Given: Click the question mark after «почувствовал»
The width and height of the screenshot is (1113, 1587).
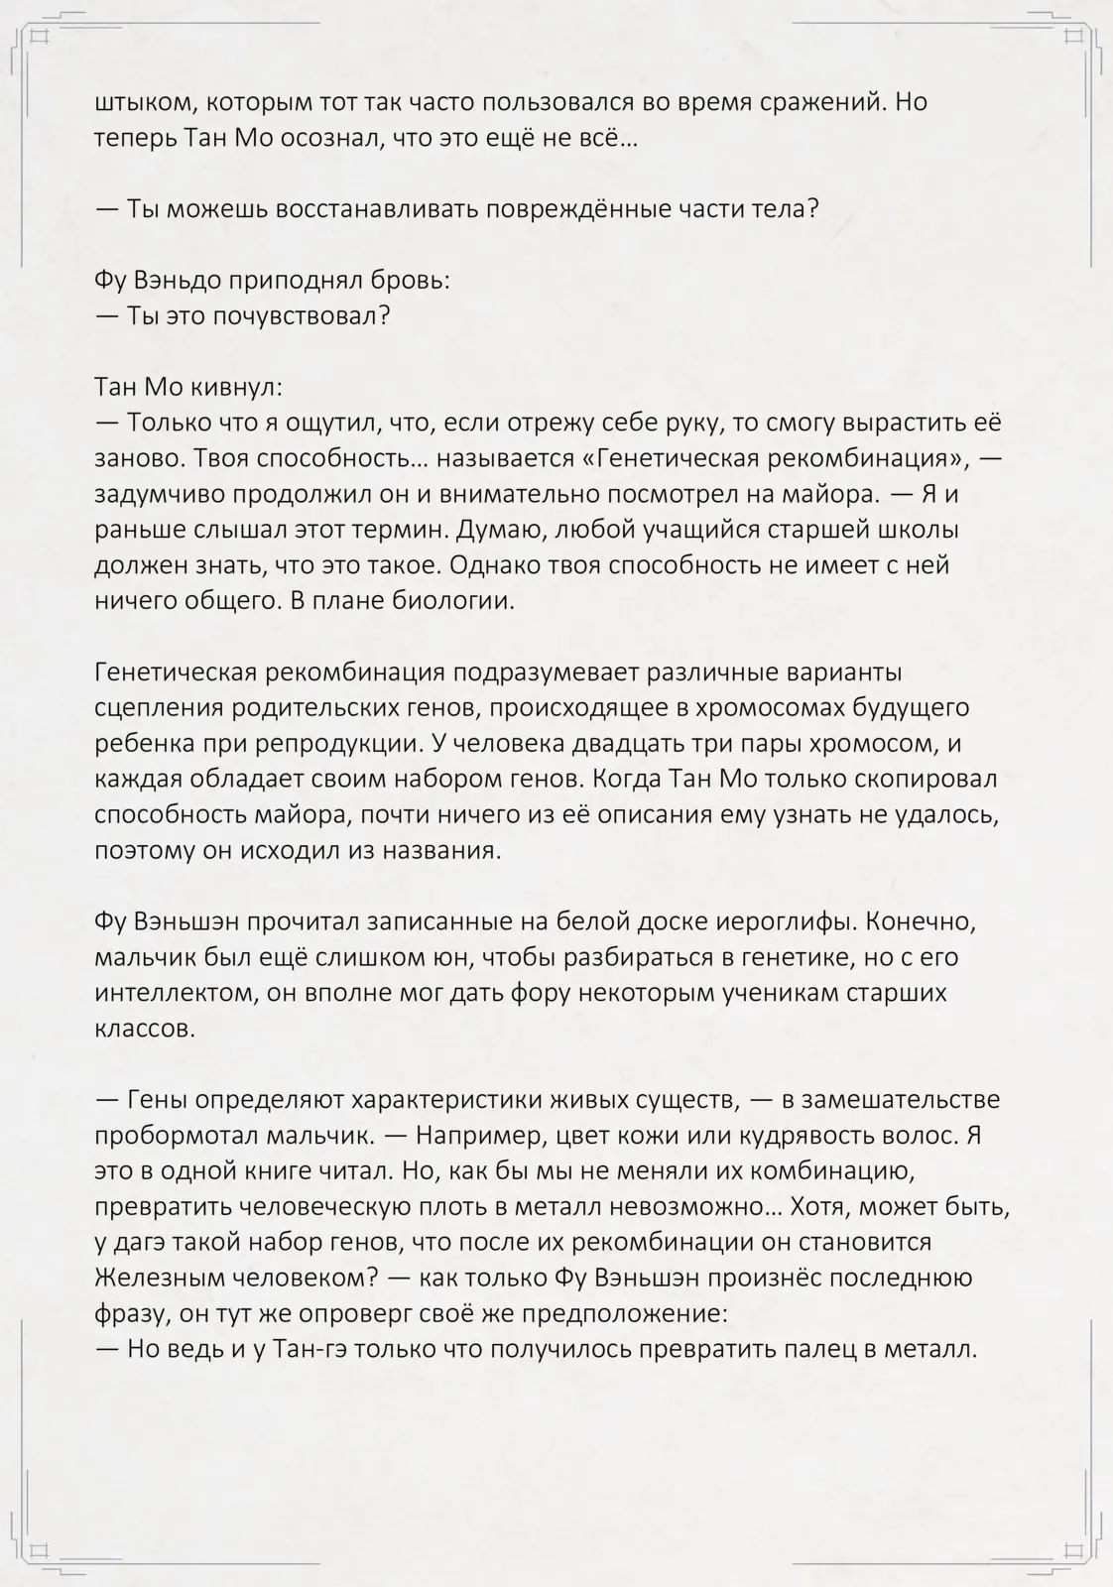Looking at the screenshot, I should [x=383, y=316].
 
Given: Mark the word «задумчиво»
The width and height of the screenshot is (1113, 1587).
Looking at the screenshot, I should [x=165, y=494].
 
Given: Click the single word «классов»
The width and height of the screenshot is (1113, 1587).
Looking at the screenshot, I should [x=144, y=1029].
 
